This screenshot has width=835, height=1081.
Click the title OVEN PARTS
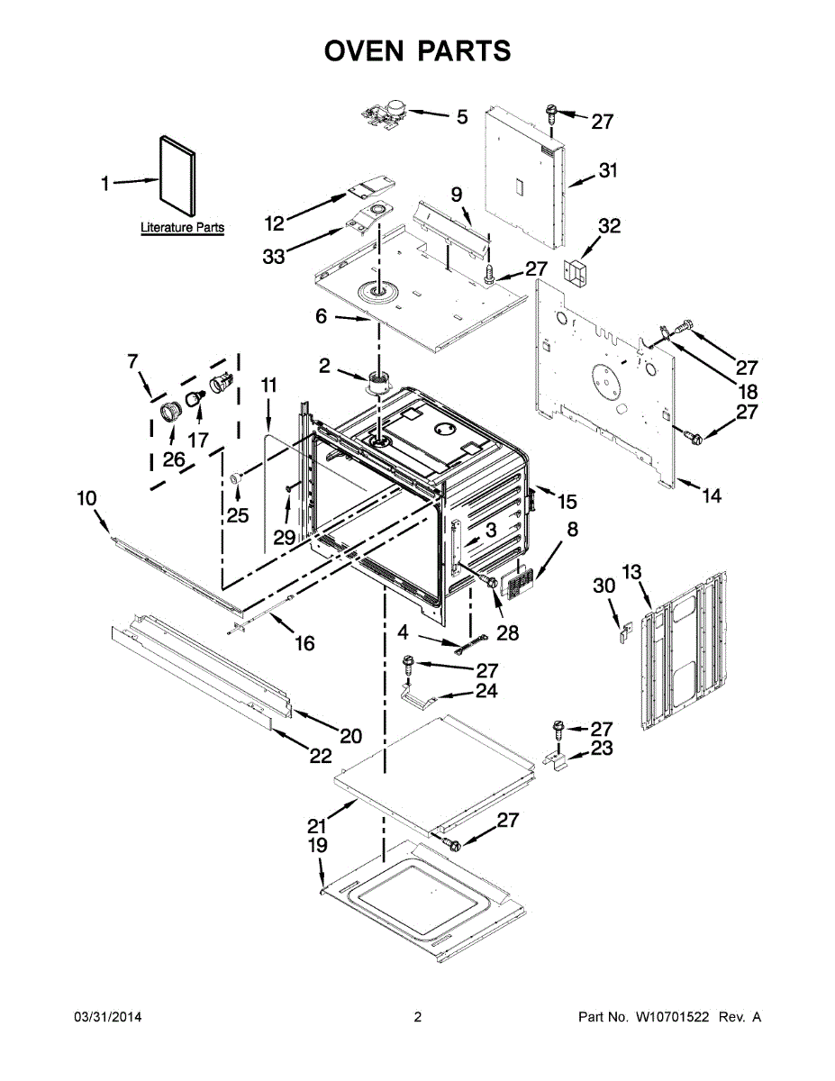417,50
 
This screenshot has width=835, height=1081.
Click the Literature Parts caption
182,228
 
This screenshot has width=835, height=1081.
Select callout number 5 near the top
461,116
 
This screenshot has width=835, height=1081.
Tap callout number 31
609,170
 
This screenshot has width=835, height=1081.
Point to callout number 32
610,226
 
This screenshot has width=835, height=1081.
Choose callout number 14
712,495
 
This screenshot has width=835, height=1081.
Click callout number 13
631,571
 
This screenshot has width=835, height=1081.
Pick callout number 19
319,846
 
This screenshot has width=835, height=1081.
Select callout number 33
274,256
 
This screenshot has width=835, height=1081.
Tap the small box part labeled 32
575,270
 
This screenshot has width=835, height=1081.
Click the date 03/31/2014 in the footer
106,1017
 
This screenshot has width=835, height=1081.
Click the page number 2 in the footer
417,1017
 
